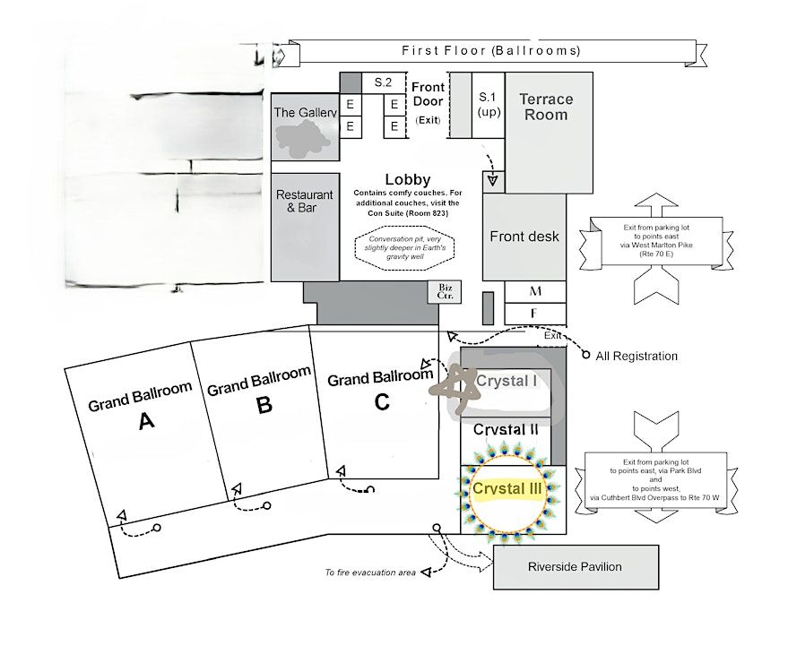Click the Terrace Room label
point(546,107)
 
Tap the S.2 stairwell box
point(384,82)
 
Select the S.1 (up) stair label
point(488,104)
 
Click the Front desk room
point(524,237)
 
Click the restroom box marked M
point(535,291)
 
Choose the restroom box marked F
point(535,314)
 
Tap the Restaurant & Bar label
point(305,202)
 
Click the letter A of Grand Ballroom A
point(147,422)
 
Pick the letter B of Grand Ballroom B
point(264,406)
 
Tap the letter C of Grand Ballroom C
point(382,402)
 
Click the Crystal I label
point(507,381)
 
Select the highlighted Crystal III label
point(507,489)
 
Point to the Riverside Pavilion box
point(575,566)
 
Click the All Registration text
point(636,357)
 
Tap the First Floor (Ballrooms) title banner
point(490,50)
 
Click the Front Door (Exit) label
point(428,102)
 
